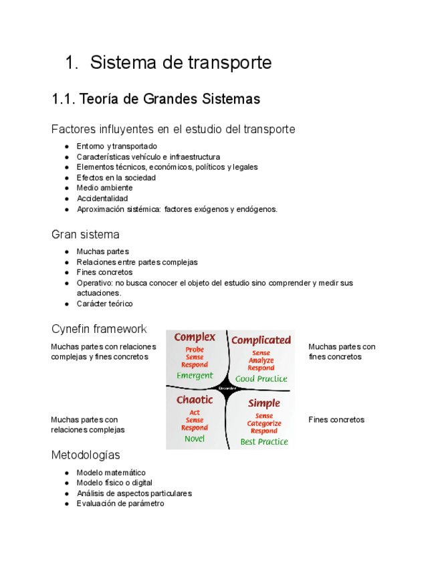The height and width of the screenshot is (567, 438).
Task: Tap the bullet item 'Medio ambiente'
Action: (x=104, y=188)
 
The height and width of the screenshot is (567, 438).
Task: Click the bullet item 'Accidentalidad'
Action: (x=102, y=199)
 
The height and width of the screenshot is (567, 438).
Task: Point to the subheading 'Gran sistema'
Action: (x=85, y=235)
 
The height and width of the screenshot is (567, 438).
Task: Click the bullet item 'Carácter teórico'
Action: (x=104, y=304)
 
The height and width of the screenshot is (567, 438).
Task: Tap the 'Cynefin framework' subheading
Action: (x=98, y=329)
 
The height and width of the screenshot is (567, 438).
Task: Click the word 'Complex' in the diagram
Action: (x=195, y=337)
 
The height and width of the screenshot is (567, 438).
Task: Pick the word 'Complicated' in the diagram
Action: (x=261, y=340)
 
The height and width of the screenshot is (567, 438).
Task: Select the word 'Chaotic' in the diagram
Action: (x=195, y=400)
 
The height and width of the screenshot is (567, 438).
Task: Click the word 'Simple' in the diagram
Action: (x=264, y=403)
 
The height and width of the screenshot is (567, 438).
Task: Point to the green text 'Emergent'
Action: (x=195, y=376)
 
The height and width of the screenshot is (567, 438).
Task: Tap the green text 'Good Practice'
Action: (x=261, y=378)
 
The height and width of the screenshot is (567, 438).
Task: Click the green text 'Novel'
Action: (x=195, y=439)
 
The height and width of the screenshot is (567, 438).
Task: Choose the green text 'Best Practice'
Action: (x=264, y=441)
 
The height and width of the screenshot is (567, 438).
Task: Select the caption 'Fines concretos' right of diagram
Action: (x=336, y=420)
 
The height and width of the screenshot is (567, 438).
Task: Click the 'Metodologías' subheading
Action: (x=86, y=455)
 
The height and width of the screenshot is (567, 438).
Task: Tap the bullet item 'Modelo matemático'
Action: (x=110, y=473)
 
